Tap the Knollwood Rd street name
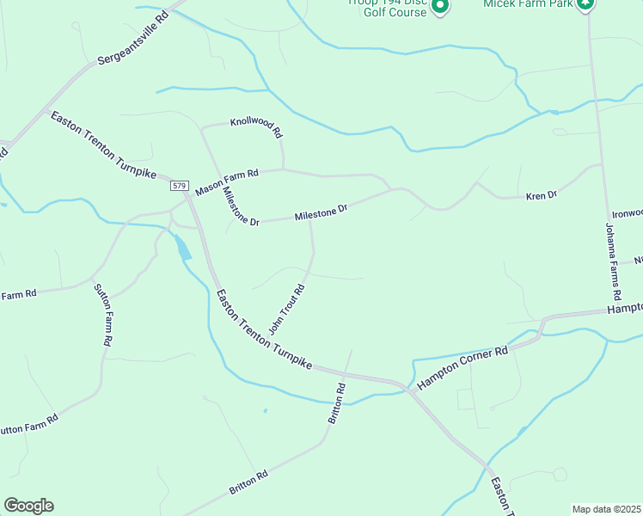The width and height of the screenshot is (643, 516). (x=255, y=128)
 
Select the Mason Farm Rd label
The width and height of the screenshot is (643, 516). (x=227, y=181)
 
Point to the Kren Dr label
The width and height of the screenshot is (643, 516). (x=542, y=196)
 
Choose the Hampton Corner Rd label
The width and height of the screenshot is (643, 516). (x=463, y=366)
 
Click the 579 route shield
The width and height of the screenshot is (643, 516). (x=179, y=186)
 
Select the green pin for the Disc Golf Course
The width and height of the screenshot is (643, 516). (x=440, y=7)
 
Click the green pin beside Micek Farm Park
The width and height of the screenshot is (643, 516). (x=586, y=4)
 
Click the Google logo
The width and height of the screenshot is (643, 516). (x=28, y=506)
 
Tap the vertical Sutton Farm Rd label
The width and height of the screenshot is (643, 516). (x=102, y=315)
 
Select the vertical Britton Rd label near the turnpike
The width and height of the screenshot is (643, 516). (x=336, y=402)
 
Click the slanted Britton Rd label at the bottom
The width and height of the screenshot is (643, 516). (x=248, y=482)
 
